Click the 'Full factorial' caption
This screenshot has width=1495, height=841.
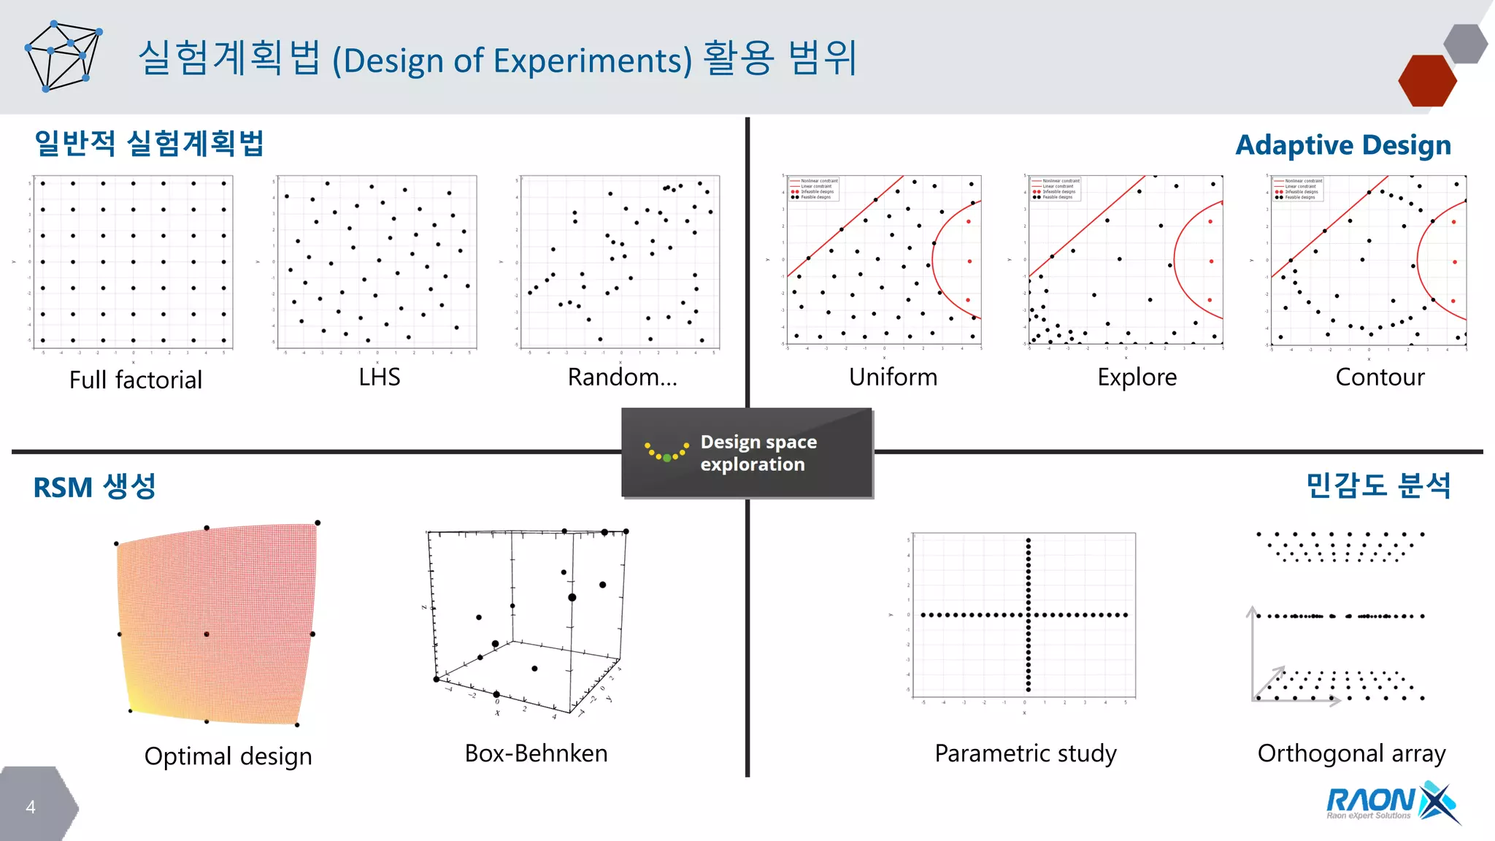pos(136,380)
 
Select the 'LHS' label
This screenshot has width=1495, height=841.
pos(379,377)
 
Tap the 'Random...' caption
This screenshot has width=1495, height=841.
pos(622,377)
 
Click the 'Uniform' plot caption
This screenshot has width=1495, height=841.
pos(893,377)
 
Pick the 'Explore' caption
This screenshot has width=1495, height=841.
pos(1137,377)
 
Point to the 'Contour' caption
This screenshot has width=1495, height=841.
pos(1380,377)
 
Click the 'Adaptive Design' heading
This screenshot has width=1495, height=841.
pos(1342,145)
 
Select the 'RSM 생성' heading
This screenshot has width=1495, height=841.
pos(95,487)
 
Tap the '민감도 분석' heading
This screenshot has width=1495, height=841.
pos(1377,485)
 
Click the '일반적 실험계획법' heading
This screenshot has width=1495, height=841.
pos(149,143)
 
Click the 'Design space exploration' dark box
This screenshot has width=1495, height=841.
pos(747,453)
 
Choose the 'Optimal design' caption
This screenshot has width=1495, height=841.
pos(228,756)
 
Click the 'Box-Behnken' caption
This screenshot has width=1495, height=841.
pos(536,753)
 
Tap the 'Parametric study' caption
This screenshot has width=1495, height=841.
pos(1026,753)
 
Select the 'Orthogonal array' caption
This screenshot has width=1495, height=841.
pos(1351,753)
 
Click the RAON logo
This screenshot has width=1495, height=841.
pos(1390,802)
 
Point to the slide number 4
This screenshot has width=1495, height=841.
pos(31,807)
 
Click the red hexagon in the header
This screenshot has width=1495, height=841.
pos(1426,81)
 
